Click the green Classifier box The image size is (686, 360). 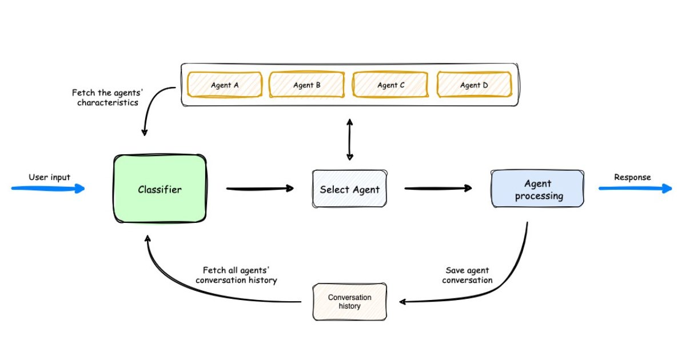click(x=160, y=189)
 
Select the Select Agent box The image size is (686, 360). click(x=350, y=189)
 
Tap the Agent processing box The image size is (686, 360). click(x=537, y=189)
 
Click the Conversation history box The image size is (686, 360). click(x=350, y=302)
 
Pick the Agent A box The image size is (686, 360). click(x=225, y=85)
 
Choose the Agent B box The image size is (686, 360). click(x=307, y=85)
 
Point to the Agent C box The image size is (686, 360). click(x=390, y=85)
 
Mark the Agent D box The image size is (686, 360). click(x=474, y=85)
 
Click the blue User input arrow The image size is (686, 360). click(x=48, y=189)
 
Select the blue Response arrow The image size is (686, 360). click(x=636, y=189)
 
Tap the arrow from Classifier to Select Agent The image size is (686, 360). click(x=260, y=189)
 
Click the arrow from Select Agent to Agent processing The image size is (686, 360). click(x=438, y=189)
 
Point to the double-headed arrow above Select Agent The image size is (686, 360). click(x=350, y=139)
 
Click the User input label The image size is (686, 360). click(x=49, y=177)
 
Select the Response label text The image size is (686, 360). click(x=632, y=177)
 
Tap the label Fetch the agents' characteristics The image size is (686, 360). click(x=107, y=97)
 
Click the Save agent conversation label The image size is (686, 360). click(x=468, y=275)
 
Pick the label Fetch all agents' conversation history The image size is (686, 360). click(x=236, y=275)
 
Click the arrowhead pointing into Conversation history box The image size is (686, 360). click(x=403, y=302)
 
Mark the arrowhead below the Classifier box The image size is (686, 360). click(x=147, y=239)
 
